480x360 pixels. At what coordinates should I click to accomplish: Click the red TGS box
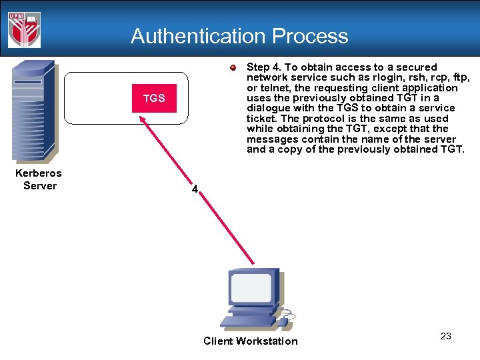154,99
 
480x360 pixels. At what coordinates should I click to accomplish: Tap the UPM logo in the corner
25,29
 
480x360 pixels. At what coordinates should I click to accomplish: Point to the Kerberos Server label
39,179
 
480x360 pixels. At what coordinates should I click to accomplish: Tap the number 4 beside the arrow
194,189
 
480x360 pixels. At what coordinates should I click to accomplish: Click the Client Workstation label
251,341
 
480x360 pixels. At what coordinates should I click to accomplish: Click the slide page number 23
446,336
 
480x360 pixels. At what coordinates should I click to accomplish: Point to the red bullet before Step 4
233,67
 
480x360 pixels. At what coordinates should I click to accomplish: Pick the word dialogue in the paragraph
268,108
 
